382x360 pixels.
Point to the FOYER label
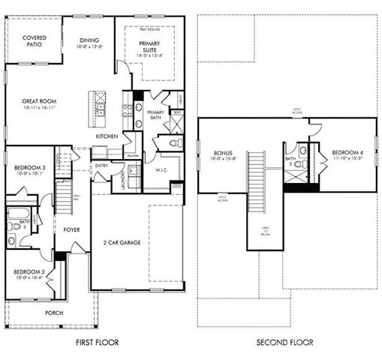click(72, 229)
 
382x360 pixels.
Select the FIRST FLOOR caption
click(98, 342)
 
